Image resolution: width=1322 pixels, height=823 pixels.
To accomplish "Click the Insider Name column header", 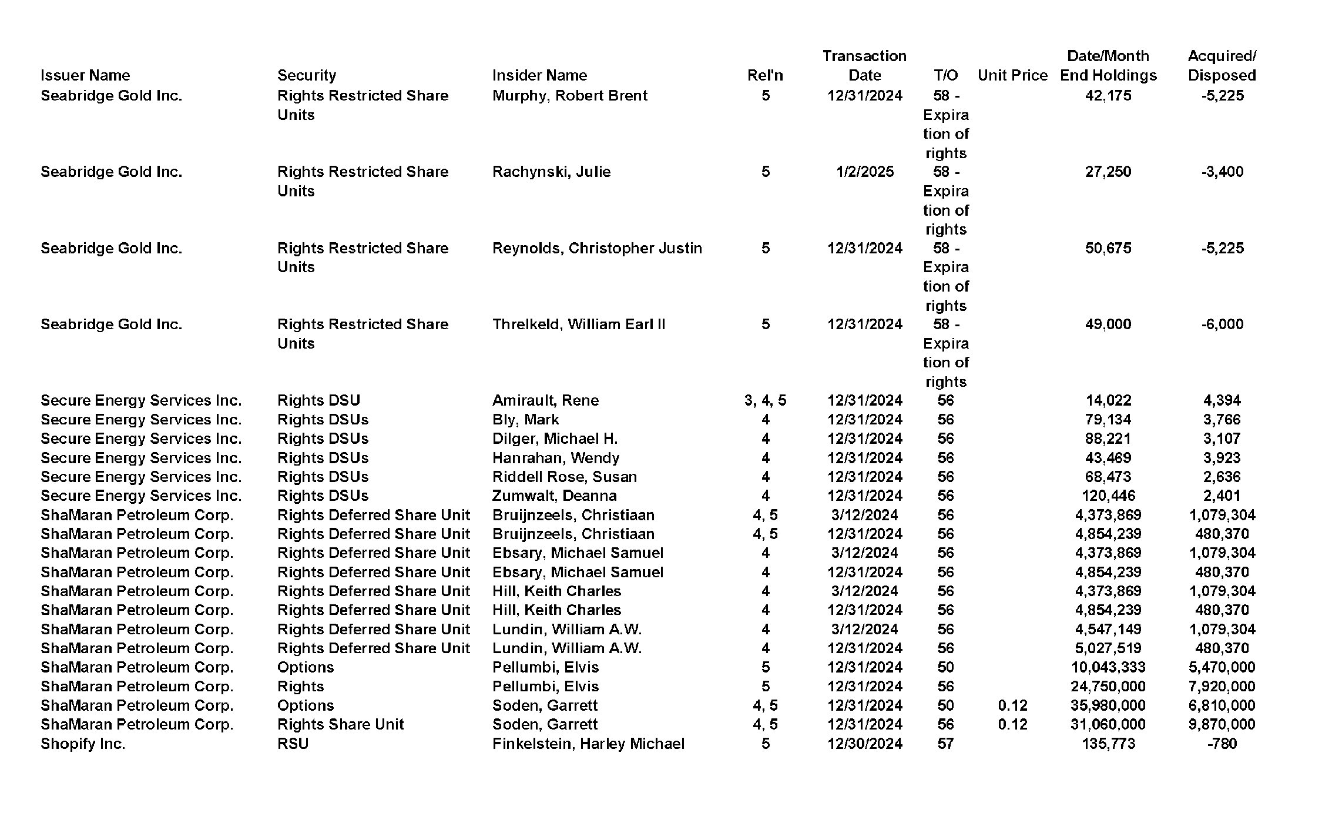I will (539, 75).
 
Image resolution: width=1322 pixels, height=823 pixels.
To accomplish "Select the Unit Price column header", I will (1012, 75).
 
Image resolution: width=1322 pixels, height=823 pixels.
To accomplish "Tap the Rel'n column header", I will (765, 75).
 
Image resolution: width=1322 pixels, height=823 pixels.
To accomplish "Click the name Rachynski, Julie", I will (551, 172).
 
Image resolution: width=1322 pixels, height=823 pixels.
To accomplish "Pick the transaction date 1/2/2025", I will (864, 172).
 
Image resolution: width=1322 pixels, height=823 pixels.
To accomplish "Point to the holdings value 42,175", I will (1108, 95).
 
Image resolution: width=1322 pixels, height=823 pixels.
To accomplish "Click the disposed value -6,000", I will (1222, 324).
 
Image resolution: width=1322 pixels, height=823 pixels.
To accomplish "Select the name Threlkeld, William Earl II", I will (579, 324).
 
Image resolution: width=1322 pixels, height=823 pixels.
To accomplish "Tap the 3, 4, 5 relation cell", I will (765, 400).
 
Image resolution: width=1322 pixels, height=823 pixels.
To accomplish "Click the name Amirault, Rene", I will (545, 400).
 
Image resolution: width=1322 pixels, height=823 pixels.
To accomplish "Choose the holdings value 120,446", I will (1108, 496).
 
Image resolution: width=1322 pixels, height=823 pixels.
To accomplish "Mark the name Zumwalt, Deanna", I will (554, 496).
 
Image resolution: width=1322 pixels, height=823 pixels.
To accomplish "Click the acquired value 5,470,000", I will (1222, 667).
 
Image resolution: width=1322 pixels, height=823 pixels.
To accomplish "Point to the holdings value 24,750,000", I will (1108, 686).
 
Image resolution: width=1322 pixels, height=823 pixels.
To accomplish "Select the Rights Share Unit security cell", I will (340, 724).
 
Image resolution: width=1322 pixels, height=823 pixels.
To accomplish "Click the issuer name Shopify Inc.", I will (83, 744).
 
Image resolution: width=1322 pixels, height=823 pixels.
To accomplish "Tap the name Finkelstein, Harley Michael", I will (588, 744).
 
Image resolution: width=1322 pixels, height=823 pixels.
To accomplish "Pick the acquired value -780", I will (1222, 744).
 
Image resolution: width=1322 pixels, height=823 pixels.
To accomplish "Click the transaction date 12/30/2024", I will (864, 744).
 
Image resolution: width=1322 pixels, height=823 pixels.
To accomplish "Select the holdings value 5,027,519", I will (1108, 648).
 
